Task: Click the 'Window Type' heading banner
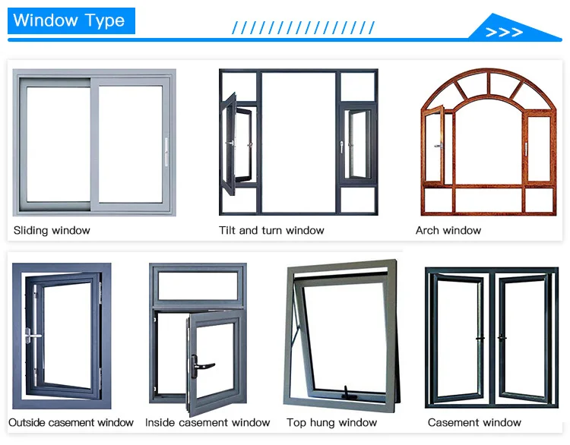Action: [69, 21]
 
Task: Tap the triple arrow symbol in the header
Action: [505, 32]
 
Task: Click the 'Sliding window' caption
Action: [52, 230]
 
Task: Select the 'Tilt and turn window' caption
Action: [271, 230]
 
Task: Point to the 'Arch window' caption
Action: [448, 230]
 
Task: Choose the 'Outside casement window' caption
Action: [71, 422]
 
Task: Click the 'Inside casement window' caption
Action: [207, 422]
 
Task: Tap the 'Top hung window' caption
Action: [331, 422]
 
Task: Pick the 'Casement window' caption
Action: [474, 422]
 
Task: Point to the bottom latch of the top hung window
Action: [347, 393]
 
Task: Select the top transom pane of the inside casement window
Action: [197, 285]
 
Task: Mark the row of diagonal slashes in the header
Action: [303, 28]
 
